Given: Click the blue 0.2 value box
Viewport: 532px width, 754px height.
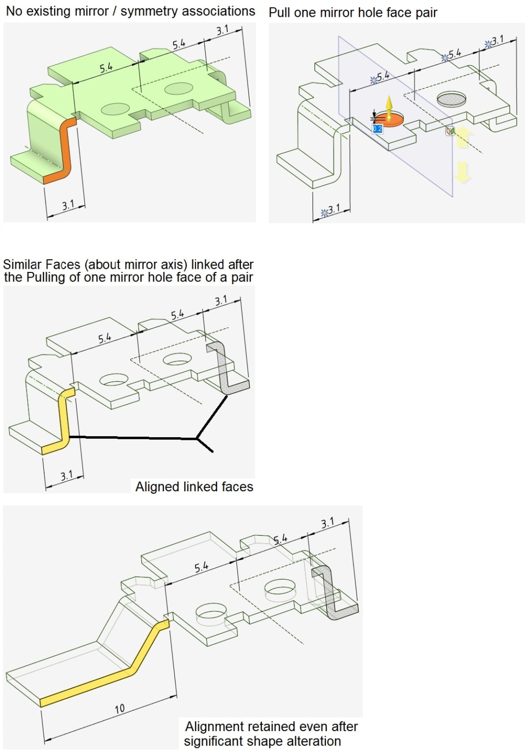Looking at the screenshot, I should coord(377,129).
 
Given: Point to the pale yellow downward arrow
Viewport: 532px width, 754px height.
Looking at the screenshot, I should coord(463,172).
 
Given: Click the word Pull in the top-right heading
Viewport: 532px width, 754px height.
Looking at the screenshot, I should coord(280,13).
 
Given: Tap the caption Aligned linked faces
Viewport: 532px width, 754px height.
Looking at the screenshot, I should coord(194,487).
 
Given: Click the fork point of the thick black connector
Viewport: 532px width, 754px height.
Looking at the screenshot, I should coord(197,438).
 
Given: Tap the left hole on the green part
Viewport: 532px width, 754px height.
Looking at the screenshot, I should coord(115,109).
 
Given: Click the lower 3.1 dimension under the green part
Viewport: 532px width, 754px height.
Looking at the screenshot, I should coord(67,206).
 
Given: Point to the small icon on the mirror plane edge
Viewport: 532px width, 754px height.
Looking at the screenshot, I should coord(449,131).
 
